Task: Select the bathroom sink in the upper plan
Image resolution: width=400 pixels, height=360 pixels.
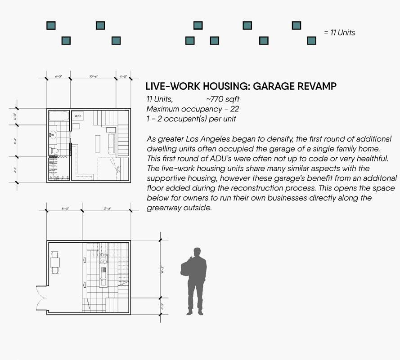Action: pos(53,134)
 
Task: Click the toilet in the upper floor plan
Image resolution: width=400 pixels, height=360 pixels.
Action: pos(54,150)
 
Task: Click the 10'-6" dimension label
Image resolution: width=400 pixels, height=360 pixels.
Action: pos(94,77)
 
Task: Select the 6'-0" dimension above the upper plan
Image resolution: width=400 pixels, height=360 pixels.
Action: pos(58,77)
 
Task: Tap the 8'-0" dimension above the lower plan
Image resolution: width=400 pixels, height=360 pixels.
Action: pos(64,209)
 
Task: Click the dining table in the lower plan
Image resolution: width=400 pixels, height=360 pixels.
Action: pos(55,263)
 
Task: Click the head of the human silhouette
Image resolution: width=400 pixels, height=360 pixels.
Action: pos(197,253)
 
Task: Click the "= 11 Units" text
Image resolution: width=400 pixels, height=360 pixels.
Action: pos(339,32)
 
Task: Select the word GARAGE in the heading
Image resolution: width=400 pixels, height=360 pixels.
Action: pos(266,86)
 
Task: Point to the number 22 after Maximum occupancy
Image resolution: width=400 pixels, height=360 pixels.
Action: pos(234,109)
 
